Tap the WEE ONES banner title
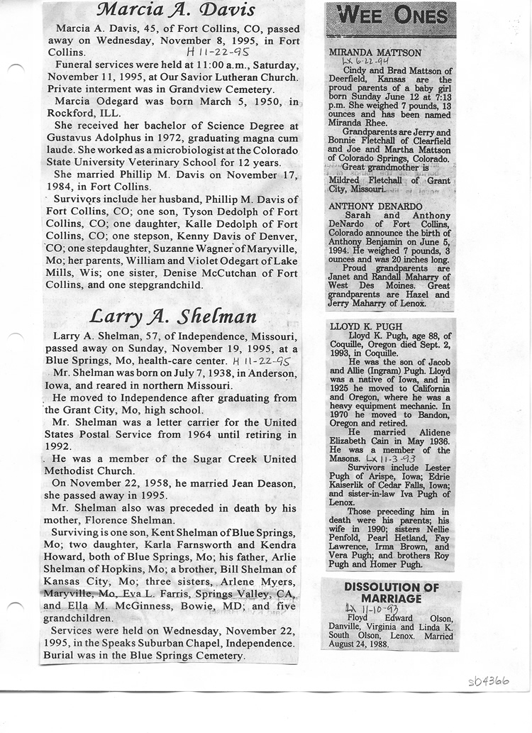[x=391, y=16]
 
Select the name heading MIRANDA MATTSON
[x=375, y=53]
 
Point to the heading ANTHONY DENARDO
[x=375, y=206]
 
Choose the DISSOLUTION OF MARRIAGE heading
[x=392, y=593]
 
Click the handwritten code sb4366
[x=489, y=682]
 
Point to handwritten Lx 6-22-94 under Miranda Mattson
[x=361, y=62]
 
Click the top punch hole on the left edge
[x=16, y=67]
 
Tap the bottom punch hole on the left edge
[x=16, y=605]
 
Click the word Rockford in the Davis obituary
[x=69, y=114]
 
